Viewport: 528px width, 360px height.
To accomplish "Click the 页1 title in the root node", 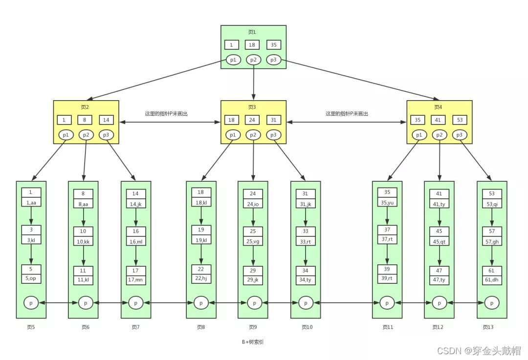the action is (252, 32).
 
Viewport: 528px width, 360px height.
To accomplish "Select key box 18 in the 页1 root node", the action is (252, 45).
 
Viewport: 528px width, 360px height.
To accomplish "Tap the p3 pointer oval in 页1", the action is (273, 60).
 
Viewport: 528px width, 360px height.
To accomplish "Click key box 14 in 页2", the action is (106, 120).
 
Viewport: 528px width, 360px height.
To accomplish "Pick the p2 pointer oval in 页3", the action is (253, 135).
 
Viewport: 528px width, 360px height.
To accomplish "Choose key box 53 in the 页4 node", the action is (460, 120).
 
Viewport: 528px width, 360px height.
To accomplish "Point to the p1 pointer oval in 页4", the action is (419, 135).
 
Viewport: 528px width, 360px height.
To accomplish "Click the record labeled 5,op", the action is (31, 278).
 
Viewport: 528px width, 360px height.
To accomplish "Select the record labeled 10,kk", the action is (83, 242).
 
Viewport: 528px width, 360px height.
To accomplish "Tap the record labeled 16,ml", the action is (136, 242).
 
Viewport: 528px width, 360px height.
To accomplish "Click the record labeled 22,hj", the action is (201, 278).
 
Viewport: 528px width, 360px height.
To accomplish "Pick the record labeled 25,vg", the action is (253, 242).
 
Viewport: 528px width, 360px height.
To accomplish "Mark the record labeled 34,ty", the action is (306, 280).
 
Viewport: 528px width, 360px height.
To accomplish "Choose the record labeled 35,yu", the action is (387, 203).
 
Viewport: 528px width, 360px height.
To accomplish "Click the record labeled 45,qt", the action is (439, 242).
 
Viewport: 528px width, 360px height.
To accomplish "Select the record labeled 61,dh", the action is (492, 280).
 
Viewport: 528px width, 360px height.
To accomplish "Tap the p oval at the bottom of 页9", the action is (254, 303).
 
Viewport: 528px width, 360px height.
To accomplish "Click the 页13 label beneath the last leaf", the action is (488, 327).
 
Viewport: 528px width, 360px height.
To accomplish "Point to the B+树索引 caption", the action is (253, 342).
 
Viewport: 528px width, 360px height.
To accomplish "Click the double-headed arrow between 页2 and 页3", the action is (170, 122).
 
